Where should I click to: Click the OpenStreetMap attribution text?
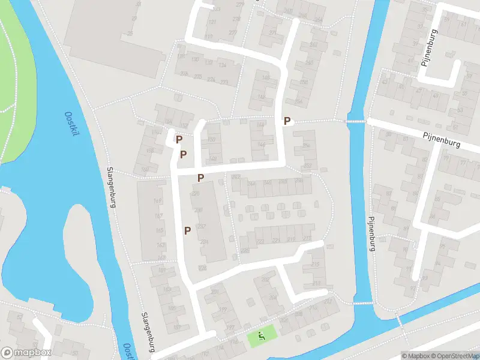click(454, 356)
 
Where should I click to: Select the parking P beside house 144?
click(287, 121)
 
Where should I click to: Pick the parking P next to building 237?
click(188, 230)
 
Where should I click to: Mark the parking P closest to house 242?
click(201, 178)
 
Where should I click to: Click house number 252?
click(308, 166)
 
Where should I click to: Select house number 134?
click(223, 65)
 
